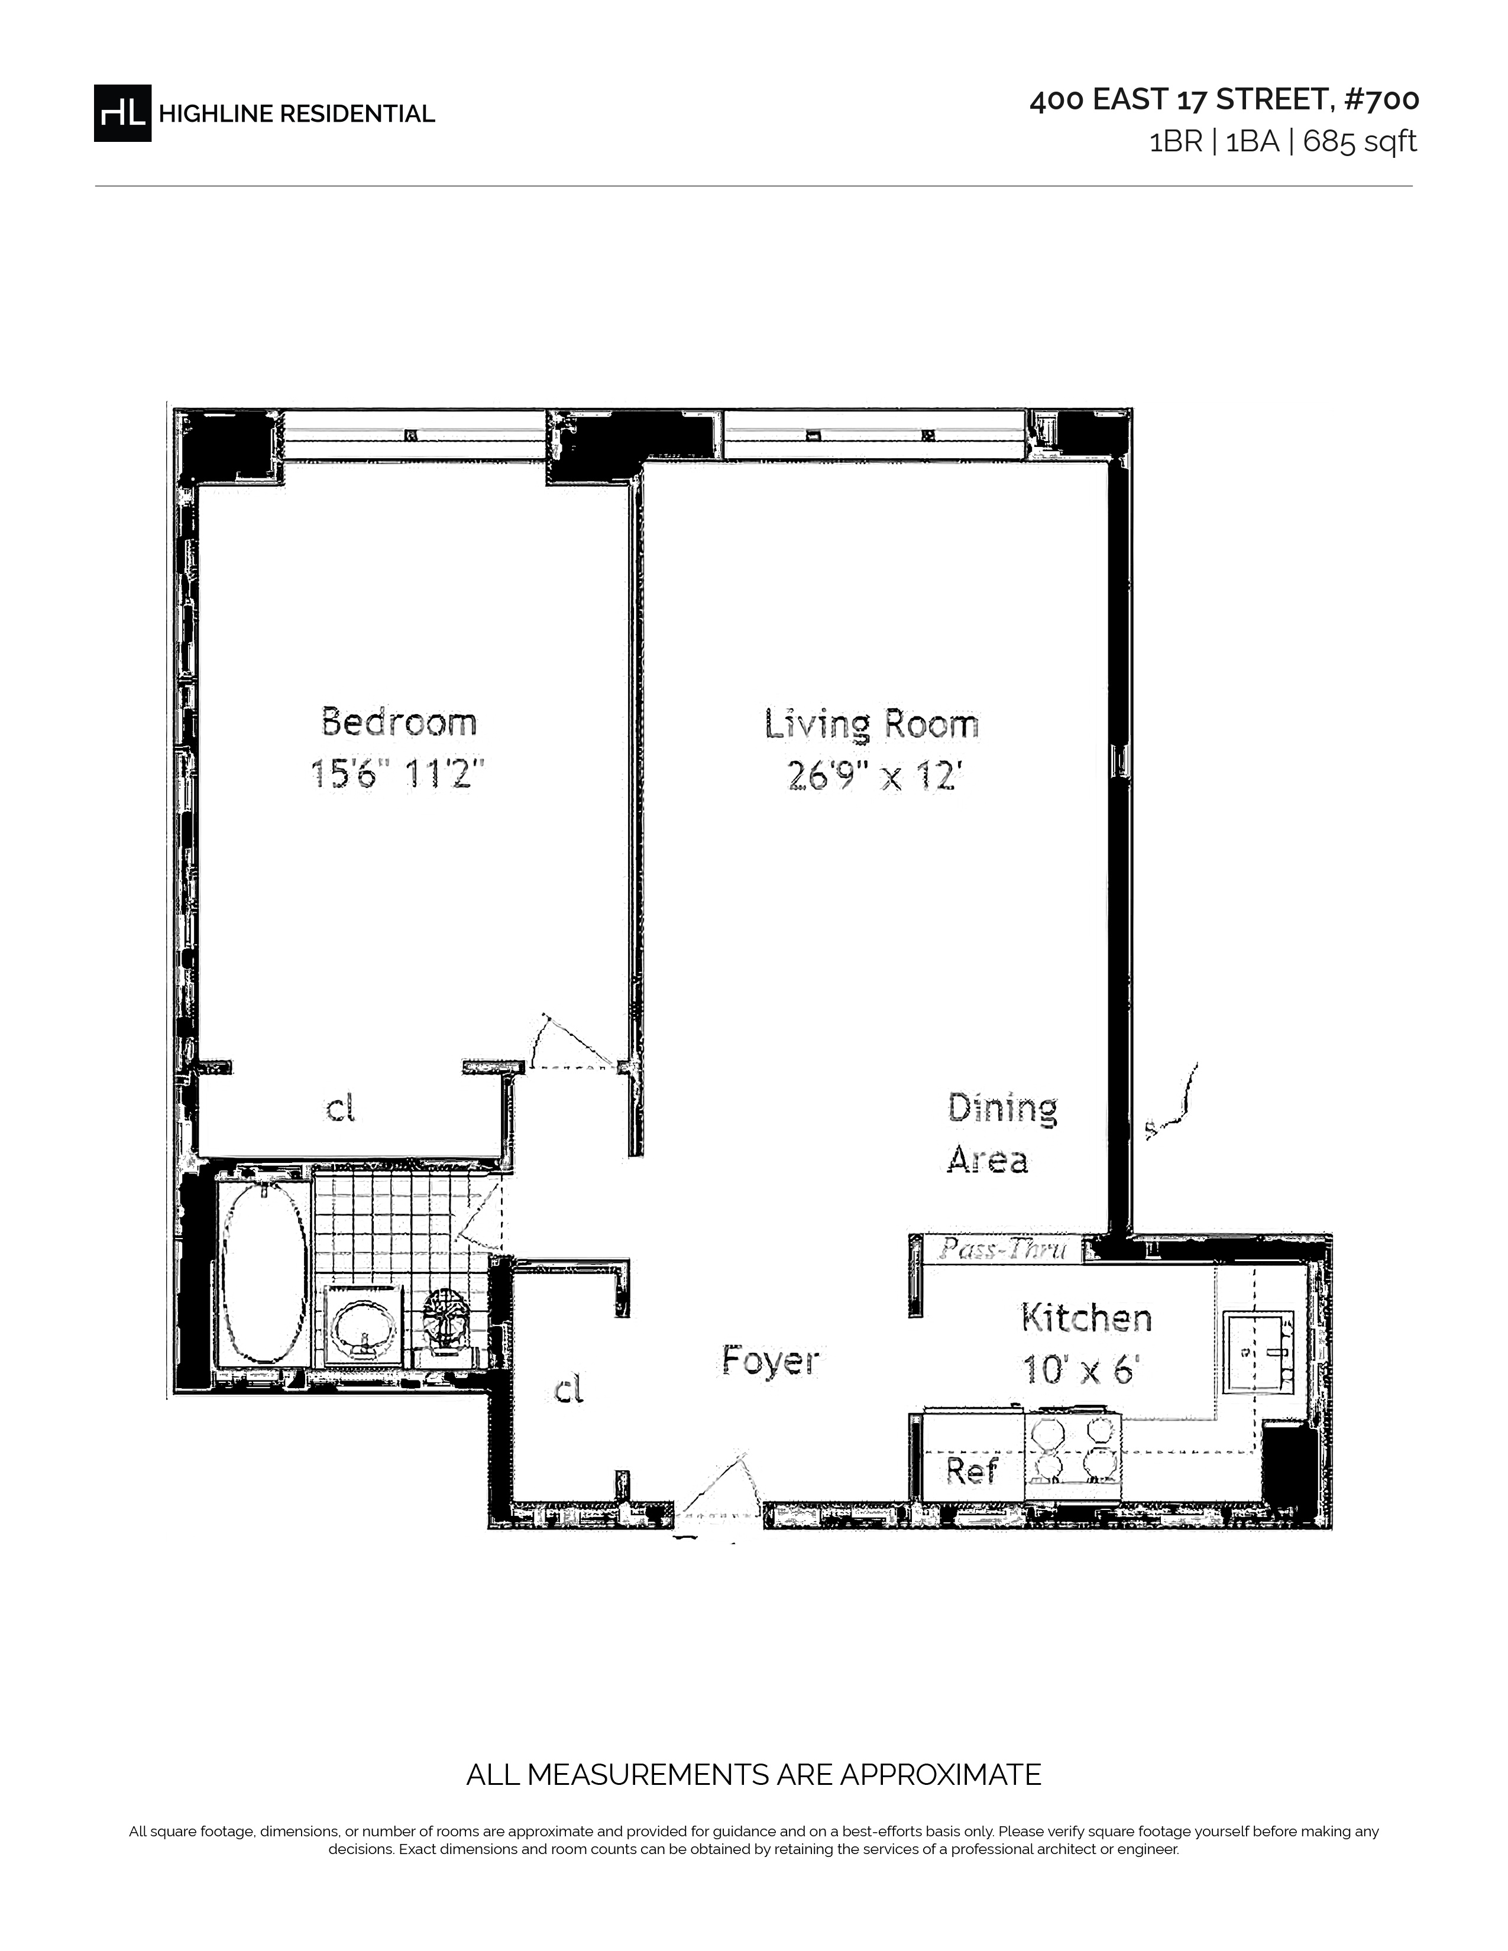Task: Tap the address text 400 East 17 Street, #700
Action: coord(1224,100)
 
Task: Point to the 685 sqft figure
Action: coord(1360,142)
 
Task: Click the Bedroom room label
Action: coord(399,722)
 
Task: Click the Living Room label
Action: coord(871,724)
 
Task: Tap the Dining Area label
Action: coord(1001,1133)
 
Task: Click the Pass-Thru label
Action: coord(1002,1248)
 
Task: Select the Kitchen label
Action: coord(1086,1318)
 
